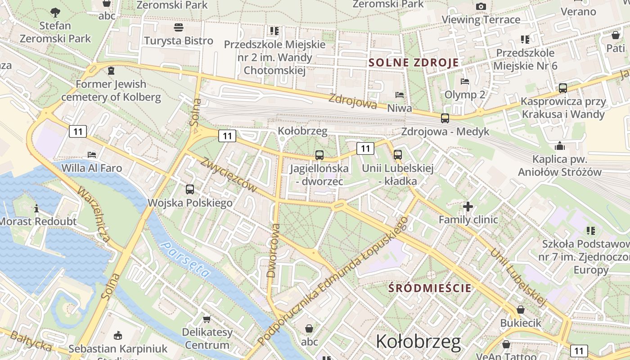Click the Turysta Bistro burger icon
click(x=178, y=27)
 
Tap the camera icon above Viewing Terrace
click(x=481, y=6)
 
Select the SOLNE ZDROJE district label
click(x=414, y=63)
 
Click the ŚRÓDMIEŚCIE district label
click(x=430, y=288)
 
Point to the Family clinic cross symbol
click(x=468, y=207)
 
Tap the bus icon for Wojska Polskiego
click(x=190, y=189)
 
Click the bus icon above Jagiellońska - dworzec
click(x=319, y=155)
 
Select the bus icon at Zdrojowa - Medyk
click(x=445, y=118)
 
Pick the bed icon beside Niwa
click(x=399, y=95)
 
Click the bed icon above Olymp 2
click(x=465, y=81)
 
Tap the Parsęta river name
click(x=186, y=260)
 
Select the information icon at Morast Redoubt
click(x=36, y=208)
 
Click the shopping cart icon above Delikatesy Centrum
click(x=207, y=319)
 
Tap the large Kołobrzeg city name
click(x=418, y=342)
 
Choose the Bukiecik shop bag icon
click(x=520, y=310)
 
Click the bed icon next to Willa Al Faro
click(x=92, y=155)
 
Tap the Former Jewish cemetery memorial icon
click(x=111, y=71)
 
